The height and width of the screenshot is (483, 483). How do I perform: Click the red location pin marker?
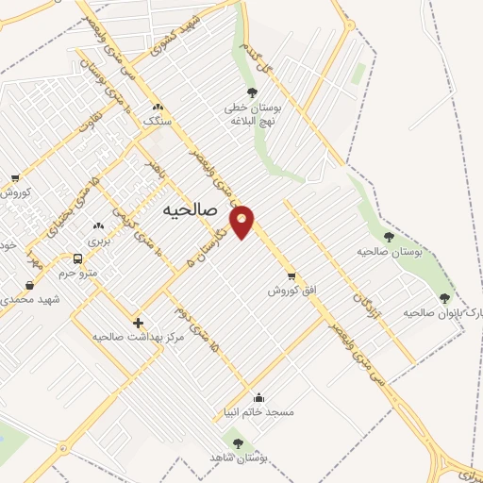[x=242, y=221]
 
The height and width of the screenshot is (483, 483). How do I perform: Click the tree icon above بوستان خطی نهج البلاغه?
[x=252, y=92]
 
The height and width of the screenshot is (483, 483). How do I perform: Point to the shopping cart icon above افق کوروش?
[x=291, y=275]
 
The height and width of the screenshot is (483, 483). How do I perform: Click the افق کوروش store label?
[x=283, y=291]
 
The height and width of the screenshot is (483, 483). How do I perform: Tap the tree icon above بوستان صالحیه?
[x=389, y=237]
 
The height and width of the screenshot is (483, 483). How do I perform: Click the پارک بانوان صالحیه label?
[x=442, y=311]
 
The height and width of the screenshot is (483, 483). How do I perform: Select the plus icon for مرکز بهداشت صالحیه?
[x=139, y=322]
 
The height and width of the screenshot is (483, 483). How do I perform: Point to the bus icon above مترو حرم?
[x=77, y=258]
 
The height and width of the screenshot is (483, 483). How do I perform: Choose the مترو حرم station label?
[x=77, y=274]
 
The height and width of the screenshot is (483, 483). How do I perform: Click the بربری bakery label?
[x=99, y=241]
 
